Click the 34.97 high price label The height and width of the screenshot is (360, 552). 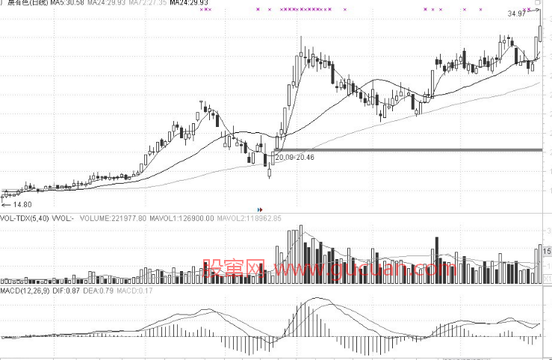click(515, 14)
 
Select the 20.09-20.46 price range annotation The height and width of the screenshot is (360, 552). click(294, 158)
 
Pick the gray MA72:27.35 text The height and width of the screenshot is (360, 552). click(147, 4)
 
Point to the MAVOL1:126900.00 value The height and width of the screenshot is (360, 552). click(179, 218)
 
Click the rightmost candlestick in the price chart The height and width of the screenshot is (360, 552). click(539, 34)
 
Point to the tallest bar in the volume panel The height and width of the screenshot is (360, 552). click(300, 254)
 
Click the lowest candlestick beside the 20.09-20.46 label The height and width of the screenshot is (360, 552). click(269, 173)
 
